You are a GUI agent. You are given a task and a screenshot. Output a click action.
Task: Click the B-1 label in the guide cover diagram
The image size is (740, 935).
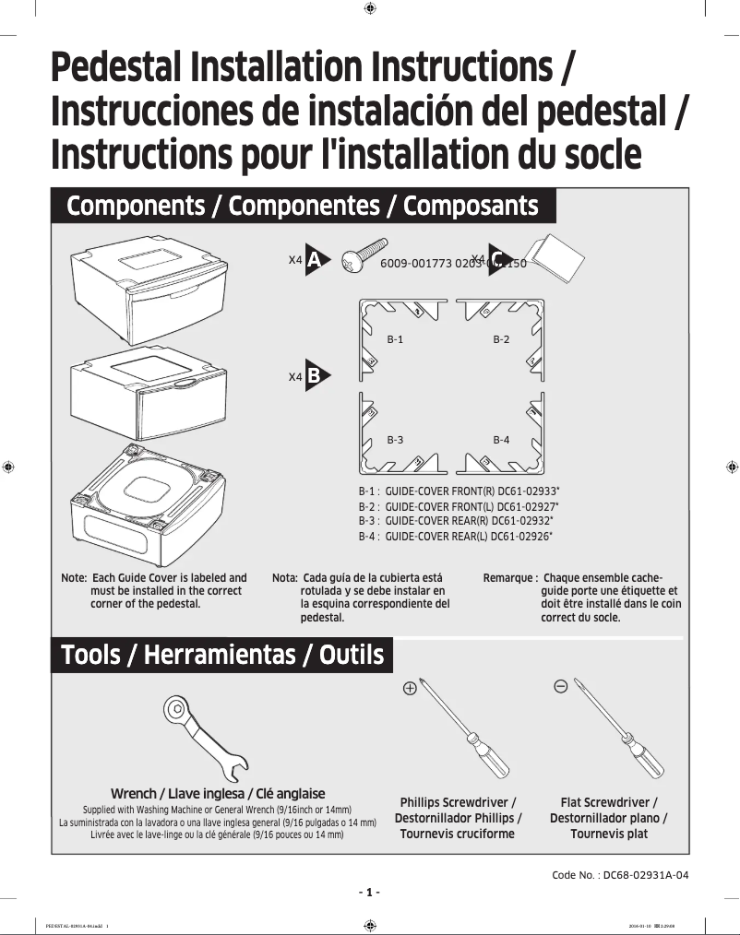pyautogui.click(x=395, y=340)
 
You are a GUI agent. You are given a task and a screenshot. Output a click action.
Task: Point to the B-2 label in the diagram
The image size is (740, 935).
pyautogui.click(x=501, y=340)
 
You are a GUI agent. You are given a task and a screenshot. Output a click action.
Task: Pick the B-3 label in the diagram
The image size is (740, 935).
pyautogui.click(x=395, y=440)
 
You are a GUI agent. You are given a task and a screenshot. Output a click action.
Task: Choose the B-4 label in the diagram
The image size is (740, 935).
pyautogui.click(x=501, y=440)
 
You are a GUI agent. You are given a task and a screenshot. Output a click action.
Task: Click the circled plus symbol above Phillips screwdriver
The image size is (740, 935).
pyautogui.click(x=410, y=687)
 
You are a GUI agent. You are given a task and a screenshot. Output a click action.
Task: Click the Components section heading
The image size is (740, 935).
pyautogui.click(x=303, y=205)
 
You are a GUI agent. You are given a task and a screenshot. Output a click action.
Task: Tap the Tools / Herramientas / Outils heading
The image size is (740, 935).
pyautogui.click(x=221, y=656)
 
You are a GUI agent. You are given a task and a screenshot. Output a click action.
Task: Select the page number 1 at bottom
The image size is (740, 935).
pyautogui.click(x=369, y=893)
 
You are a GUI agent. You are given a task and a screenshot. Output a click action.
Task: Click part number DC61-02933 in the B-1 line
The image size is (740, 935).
pyautogui.click(x=526, y=492)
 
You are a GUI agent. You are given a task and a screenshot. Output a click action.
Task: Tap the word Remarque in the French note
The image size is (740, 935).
pyautogui.click(x=507, y=577)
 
